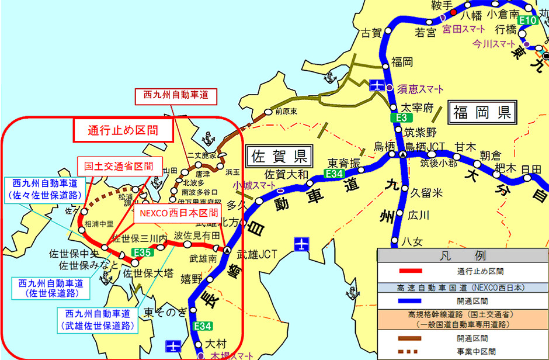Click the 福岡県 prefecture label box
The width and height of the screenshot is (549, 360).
pos(482,111)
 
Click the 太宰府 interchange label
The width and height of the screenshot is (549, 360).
pos(418,108)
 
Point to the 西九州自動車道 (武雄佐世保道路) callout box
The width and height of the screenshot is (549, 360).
pos(97,319)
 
